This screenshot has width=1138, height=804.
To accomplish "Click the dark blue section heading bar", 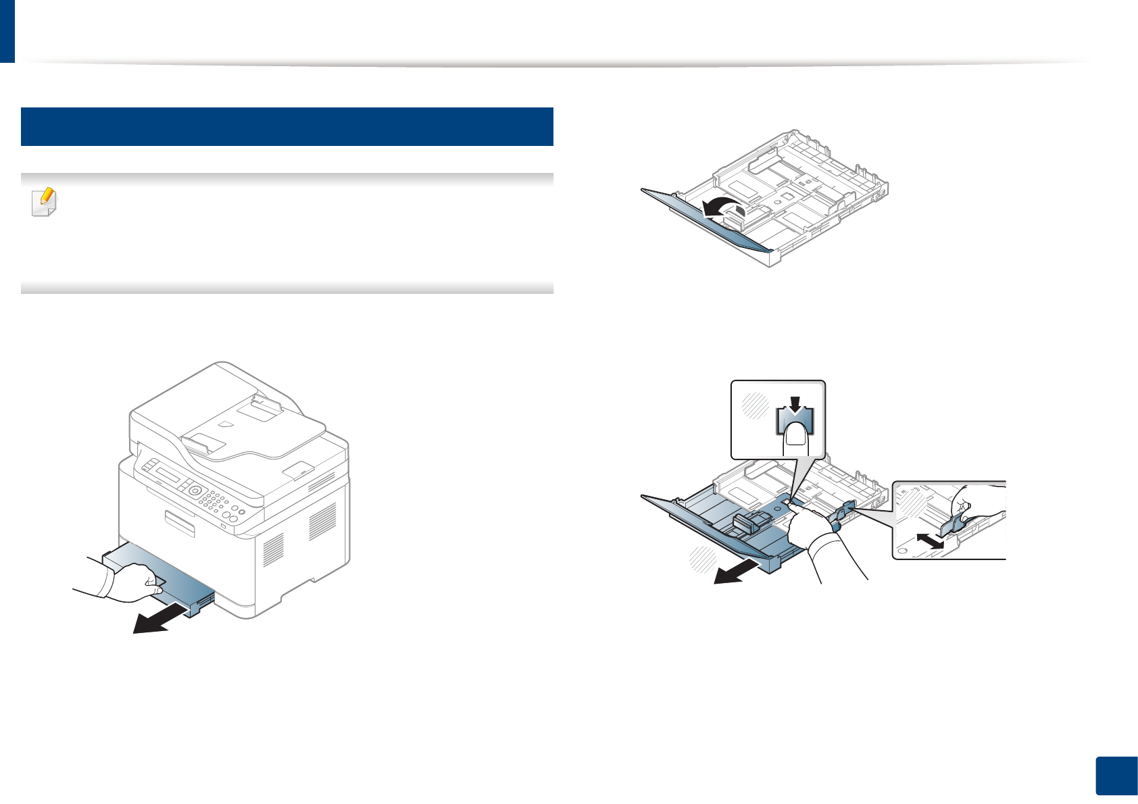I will coord(287,126).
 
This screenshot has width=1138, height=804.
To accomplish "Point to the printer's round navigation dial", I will coord(195,491).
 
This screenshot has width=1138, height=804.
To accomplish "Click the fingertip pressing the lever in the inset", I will coord(796,439).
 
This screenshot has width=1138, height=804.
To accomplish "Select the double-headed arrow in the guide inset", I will coord(925,541).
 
